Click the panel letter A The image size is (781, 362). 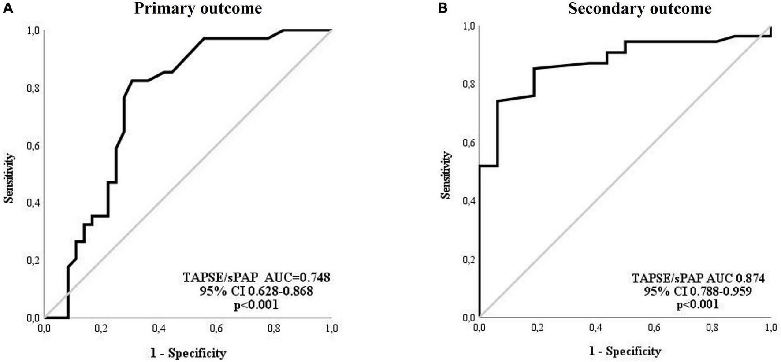[8, 8]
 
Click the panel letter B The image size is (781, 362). [443, 8]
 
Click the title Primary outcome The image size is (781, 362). [198, 8]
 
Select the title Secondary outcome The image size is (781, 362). [640, 8]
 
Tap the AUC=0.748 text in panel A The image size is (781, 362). [257, 277]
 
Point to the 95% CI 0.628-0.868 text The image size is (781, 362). [256, 291]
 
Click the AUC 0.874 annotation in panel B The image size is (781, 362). [698, 278]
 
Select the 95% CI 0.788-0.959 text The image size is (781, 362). [698, 291]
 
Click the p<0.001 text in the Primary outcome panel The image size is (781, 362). [256, 305]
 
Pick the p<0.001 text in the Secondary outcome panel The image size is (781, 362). [698, 304]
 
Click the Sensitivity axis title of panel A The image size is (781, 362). [9, 178]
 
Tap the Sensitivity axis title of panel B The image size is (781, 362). [446, 175]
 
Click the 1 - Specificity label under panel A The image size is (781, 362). [188, 353]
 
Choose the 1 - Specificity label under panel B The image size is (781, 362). [625, 351]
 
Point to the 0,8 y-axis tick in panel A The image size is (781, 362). [33, 88]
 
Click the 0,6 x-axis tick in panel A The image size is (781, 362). [216, 329]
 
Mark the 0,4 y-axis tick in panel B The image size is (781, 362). [470, 201]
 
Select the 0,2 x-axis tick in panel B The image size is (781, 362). [537, 328]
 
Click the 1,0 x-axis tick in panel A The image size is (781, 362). [331, 329]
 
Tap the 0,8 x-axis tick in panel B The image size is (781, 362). [712, 328]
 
